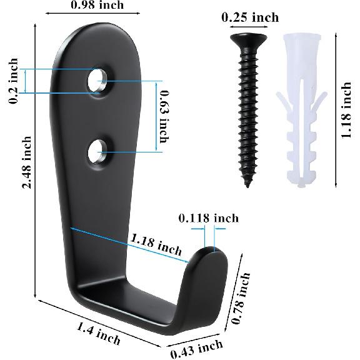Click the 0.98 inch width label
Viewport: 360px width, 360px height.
[97, 5]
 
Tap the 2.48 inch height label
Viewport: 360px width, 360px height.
[27, 162]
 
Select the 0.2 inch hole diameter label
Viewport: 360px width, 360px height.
[13, 81]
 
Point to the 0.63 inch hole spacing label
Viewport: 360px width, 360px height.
[164, 117]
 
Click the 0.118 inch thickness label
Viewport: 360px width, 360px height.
[209, 218]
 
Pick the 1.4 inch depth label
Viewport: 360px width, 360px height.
[98, 333]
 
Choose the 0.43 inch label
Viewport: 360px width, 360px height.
[196, 349]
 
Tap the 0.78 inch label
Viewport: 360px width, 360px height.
[240, 298]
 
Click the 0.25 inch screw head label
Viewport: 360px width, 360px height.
[250, 17]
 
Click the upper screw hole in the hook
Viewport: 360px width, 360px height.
[97, 81]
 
